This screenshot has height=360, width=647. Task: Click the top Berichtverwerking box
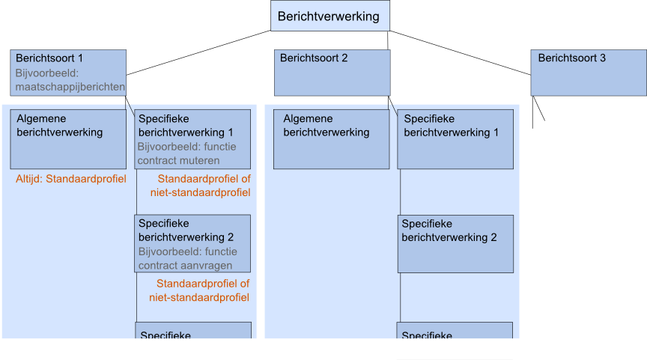point(329,16)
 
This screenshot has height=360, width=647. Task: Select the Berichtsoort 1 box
point(69,73)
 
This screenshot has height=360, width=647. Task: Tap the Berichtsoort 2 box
point(332,73)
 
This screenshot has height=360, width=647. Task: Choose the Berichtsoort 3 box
point(589,73)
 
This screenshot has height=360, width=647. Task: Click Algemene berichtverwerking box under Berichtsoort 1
point(68,139)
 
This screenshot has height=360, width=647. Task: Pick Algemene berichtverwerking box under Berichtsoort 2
point(331,139)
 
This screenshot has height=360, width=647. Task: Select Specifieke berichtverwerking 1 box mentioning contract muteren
point(192,139)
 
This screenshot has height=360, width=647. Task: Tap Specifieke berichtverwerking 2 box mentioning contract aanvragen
point(192,244)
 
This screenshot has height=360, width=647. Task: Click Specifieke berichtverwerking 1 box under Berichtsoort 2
point(455,139)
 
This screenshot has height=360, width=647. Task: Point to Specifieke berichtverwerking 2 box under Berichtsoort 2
point(455,244)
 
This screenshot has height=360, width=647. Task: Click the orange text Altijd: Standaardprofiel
point(71,180)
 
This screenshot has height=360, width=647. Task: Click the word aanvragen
point(206,265)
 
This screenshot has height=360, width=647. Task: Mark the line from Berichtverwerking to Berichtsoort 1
point(198,53)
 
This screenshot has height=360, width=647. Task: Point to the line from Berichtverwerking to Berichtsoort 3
point(460,53)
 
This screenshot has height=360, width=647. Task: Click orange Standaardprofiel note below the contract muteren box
point(204,186)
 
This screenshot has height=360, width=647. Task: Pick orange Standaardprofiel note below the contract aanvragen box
point(203,290)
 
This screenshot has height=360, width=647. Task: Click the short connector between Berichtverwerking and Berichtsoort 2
point(388,40)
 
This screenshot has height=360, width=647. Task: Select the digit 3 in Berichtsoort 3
point(603,58)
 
